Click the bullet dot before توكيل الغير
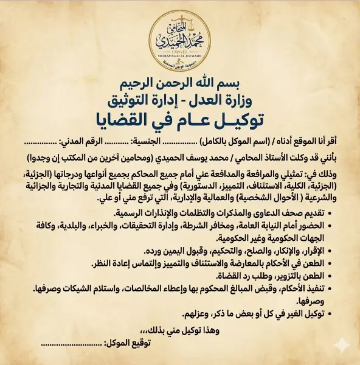pos(337,316)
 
